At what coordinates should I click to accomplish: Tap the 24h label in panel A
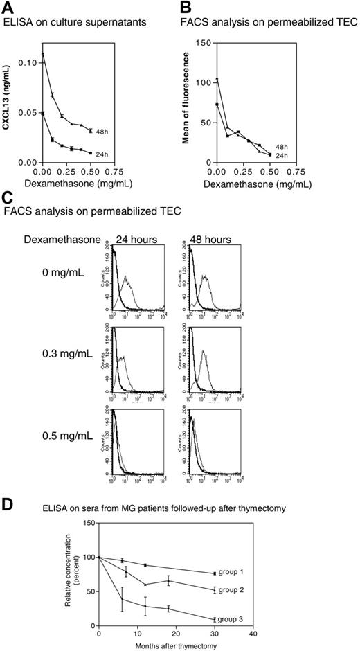(x=103, y=153)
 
